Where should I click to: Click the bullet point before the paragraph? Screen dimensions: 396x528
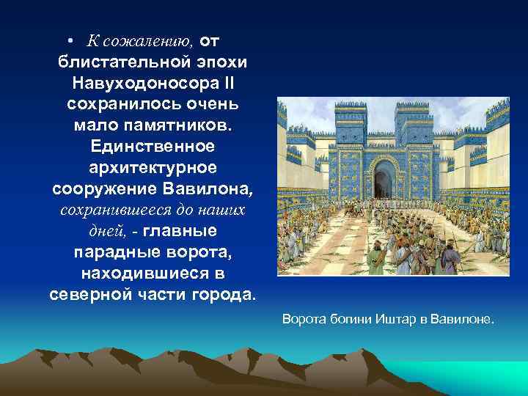coord(67,38)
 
